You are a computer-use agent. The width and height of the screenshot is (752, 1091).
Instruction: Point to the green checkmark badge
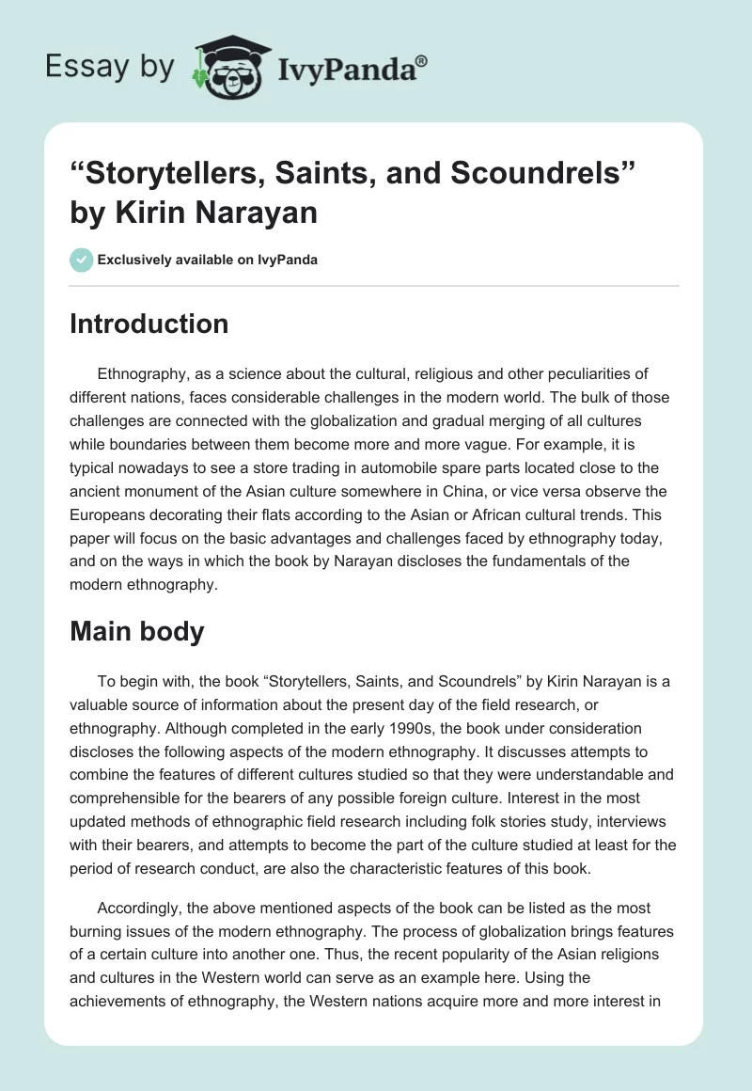(82, 260)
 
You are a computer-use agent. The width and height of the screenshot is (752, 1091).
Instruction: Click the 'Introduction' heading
(149, 324)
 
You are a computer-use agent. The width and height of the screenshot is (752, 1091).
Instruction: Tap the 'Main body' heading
(137, 631)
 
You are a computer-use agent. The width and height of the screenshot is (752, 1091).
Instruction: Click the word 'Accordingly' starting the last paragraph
(141, 909)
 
